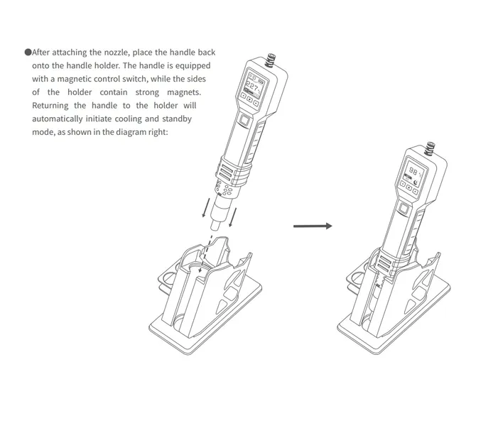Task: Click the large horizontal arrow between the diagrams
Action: [x=313, y=226]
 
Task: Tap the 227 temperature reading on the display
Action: [x=253, y=87]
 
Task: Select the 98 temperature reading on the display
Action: [x=413, y=171]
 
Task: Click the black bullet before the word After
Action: [x=28, y=52]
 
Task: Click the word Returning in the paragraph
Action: [x=50, y=106]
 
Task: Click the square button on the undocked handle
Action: [x=245, y=120]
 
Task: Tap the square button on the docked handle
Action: [x=404, y=209]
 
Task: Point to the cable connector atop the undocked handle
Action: [x=271, y=60]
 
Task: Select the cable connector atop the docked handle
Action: [x=430, y=148]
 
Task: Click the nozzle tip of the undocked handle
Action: [x=215, y=225]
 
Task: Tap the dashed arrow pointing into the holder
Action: [x=205, y=253]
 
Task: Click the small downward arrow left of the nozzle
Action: [x=206, y=208]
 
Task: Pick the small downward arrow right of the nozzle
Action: [x=232, y=217]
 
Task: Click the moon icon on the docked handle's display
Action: [x=416, y=183]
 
